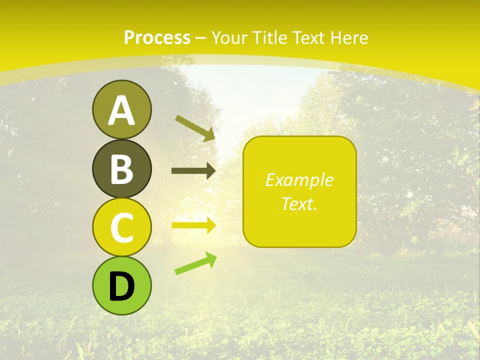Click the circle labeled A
tap(121, 109)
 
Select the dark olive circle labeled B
tap(121, 168)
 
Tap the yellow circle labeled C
tap(121, 227)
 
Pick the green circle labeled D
tap(121, 285)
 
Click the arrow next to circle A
tap(195, 128)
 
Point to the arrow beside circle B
tap(193, 171)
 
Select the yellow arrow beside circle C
tap(194, 225)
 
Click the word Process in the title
tap(157, 37)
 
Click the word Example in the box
tap(299, 180)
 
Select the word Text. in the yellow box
tap(299, 203)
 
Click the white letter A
tap(121, 110)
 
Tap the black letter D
tap(121, 286)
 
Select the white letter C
tap(121, 228)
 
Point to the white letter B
tap(121, 169)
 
